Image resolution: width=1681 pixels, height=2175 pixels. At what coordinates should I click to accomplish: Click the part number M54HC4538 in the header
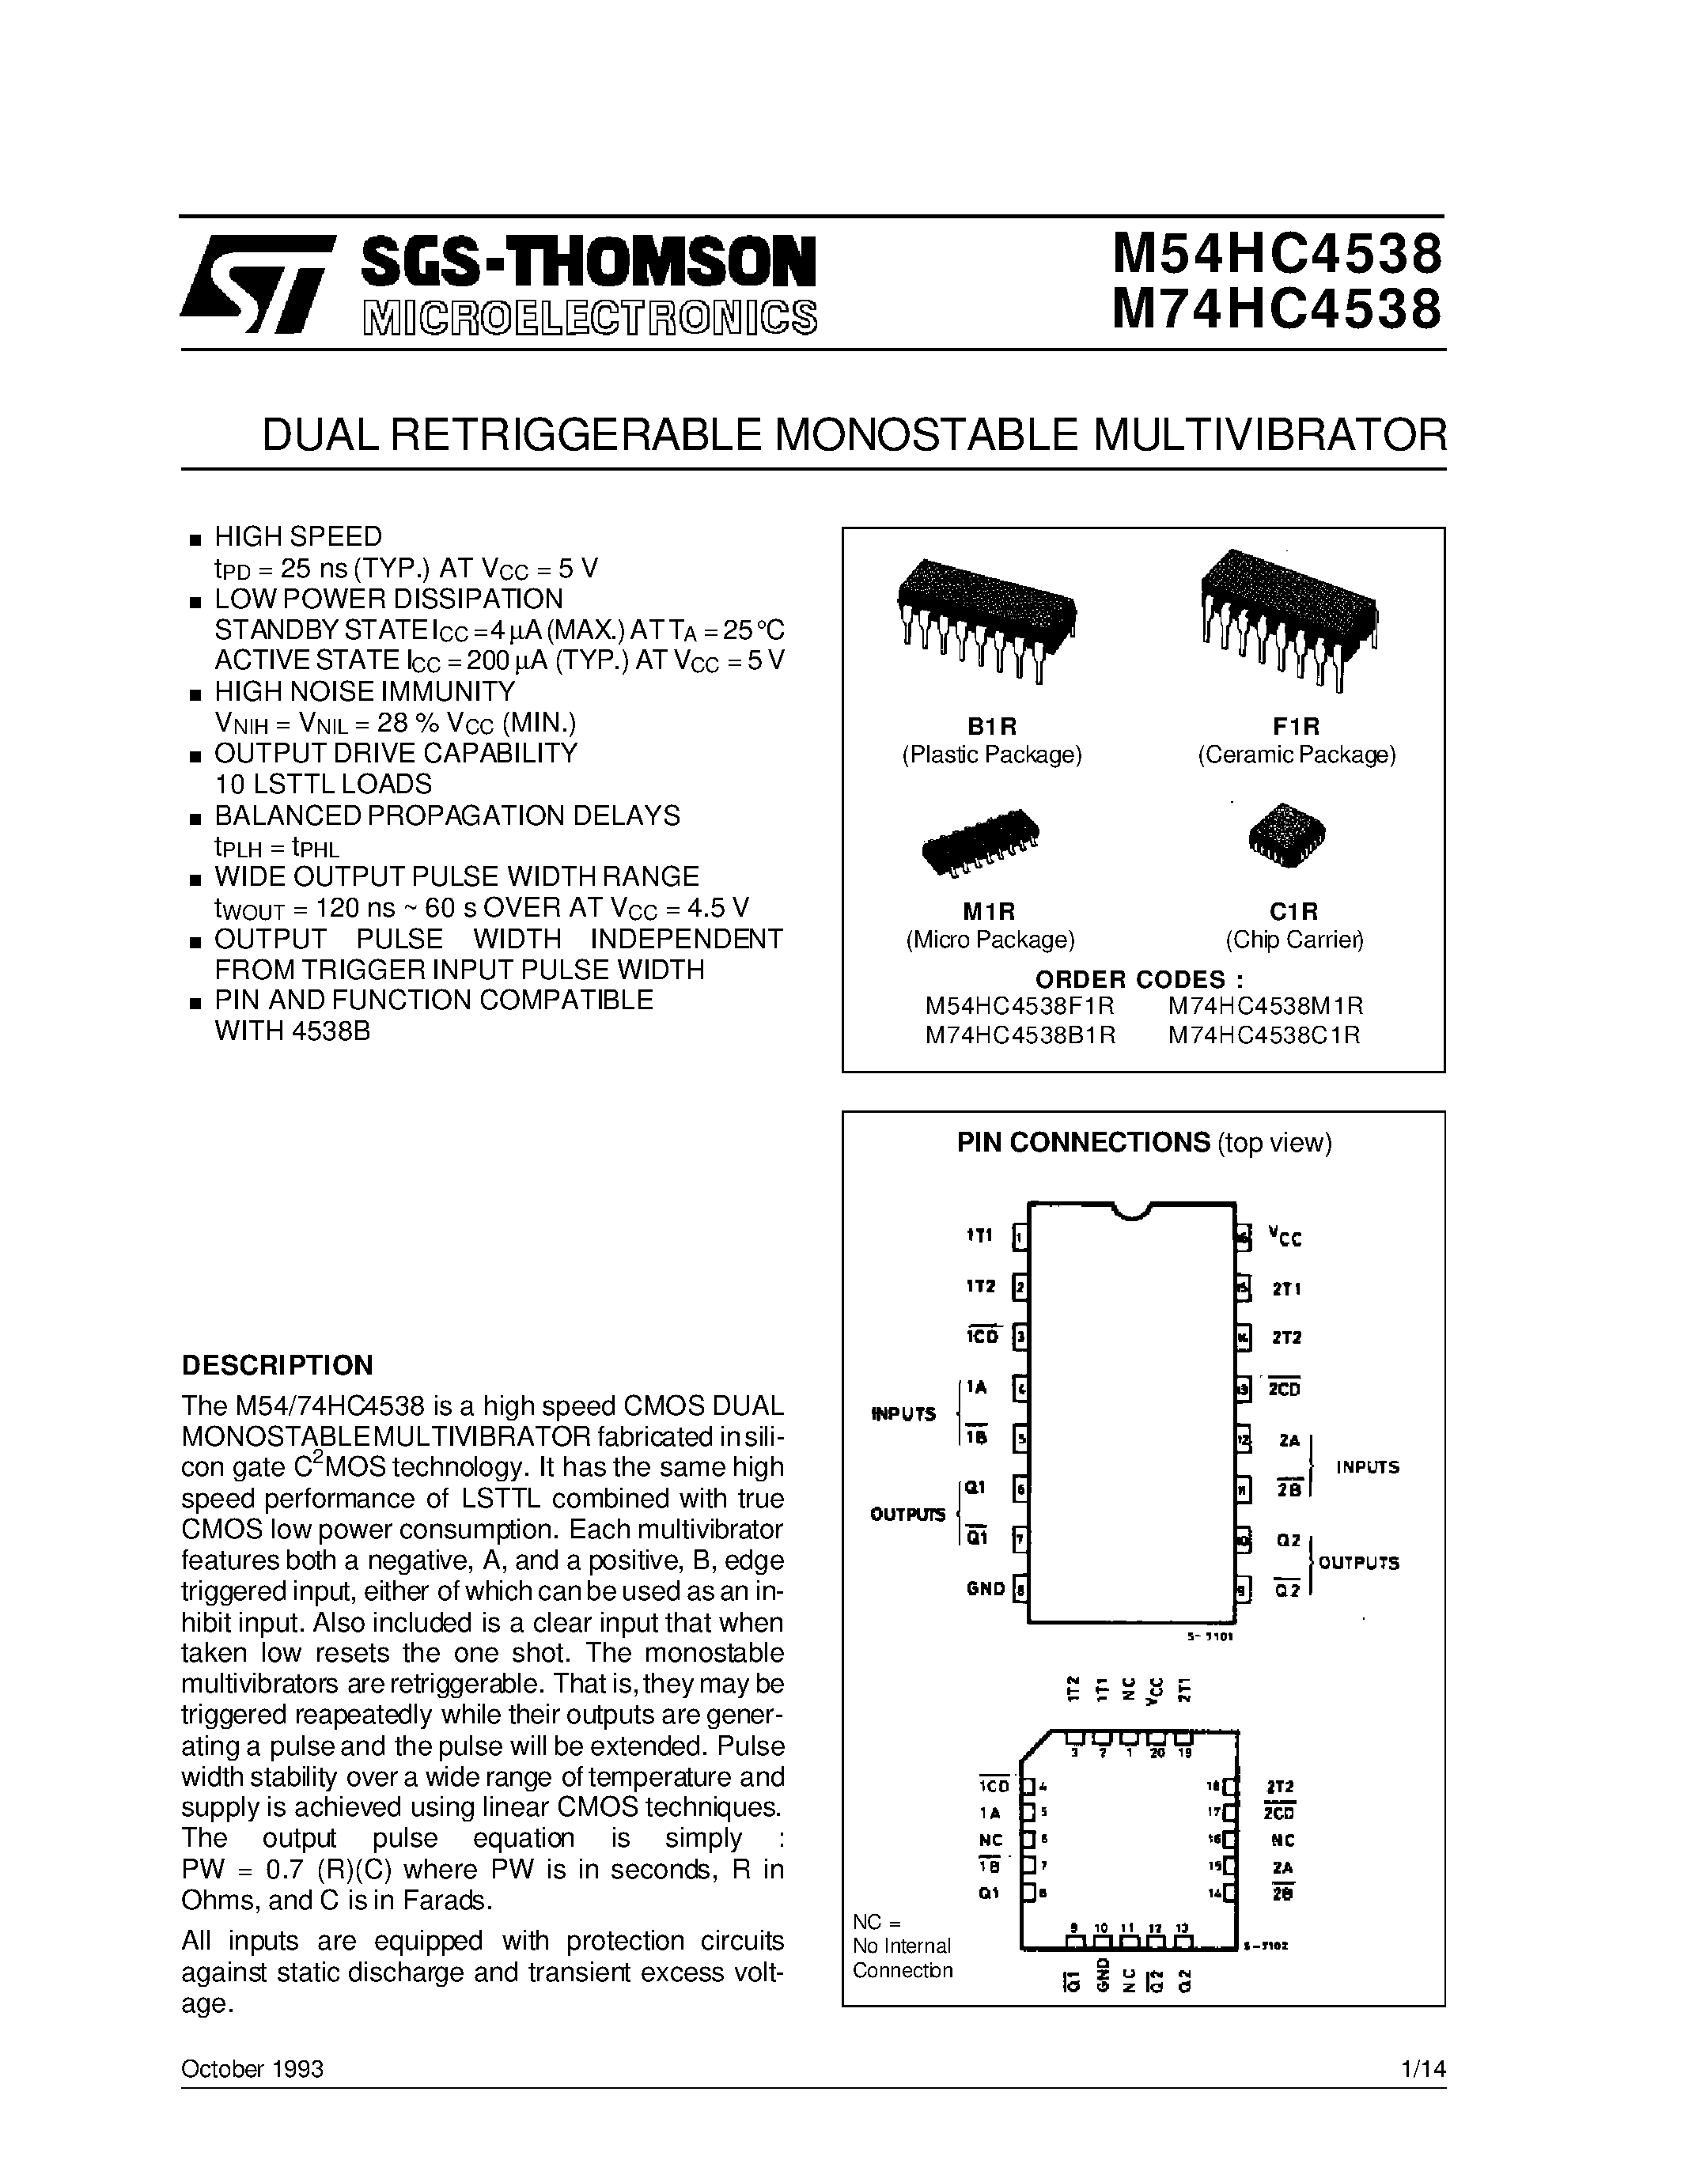tap(1276, 254)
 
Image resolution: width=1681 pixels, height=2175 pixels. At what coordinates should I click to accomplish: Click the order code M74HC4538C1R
tap(1264, 1036)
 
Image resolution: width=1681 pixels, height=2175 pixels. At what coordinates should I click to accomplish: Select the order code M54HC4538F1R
tap(1019, 1006)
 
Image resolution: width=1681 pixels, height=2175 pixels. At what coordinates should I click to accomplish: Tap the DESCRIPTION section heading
tap(277, 1364)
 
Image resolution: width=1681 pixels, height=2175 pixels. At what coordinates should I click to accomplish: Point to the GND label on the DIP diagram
tap(985, 1590)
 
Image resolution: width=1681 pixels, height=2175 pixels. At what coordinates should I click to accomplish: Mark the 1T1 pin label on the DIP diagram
tap(980, 1236)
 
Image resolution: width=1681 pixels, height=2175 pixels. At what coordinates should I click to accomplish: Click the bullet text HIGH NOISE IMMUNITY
tap(365, 691)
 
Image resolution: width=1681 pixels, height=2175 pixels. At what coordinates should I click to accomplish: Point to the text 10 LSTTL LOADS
tap(324, 784)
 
